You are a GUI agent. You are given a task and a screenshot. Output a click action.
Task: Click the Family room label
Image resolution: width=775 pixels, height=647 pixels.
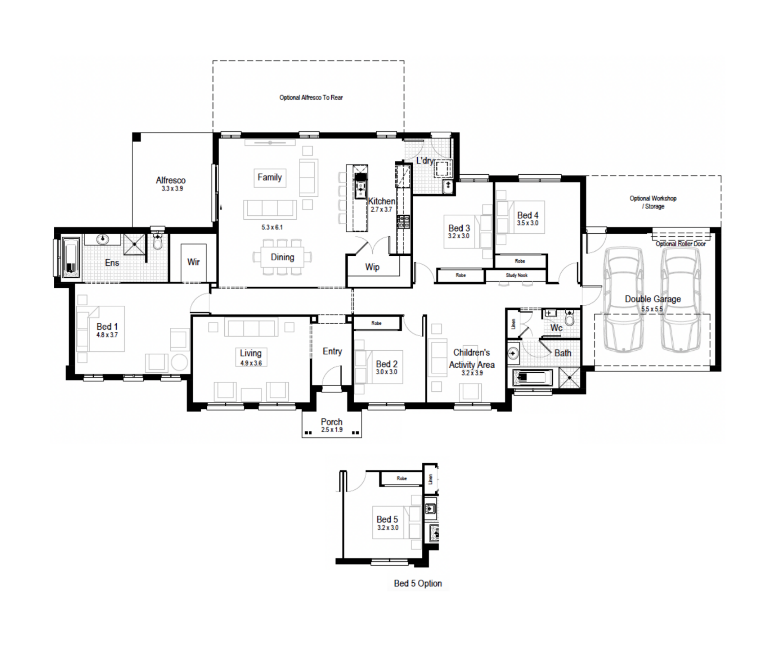pos(270,177)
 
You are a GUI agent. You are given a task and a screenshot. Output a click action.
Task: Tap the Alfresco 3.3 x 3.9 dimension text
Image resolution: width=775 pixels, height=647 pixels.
pos(172,189)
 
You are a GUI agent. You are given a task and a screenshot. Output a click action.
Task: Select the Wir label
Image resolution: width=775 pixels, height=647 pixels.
pos(193,262)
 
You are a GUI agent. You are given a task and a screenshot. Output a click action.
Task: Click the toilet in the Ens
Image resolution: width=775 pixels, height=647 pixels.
pos(158,241)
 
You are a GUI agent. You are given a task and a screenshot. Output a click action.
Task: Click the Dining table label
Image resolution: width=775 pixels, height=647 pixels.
pos(282,257)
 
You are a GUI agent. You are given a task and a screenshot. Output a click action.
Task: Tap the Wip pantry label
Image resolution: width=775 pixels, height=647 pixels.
pos(372,267)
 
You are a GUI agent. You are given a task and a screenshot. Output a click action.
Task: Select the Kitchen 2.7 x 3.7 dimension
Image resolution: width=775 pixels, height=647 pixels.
pos(381,210)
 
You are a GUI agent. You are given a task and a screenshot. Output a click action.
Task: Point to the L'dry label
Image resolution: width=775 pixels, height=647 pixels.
pos(425,160)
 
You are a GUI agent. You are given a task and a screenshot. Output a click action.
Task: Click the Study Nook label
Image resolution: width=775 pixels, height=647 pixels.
pos(517,275)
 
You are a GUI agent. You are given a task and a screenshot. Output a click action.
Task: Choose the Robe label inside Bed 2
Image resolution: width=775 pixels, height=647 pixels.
pos(376,323)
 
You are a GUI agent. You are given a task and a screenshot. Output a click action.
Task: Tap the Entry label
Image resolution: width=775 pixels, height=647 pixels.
pos(332,351)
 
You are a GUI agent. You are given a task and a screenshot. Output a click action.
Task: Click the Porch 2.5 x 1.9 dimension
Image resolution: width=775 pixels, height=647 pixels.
pos(332,430)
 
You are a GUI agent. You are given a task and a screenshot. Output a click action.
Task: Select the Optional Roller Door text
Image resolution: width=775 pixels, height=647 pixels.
pos(680,244)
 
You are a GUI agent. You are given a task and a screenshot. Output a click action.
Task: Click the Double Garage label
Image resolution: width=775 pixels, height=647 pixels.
pos(653,299)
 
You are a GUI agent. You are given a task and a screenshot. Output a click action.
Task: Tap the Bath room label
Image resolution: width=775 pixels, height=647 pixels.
pos(563,353)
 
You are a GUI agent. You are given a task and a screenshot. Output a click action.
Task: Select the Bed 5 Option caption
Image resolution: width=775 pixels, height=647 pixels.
pos(418,583)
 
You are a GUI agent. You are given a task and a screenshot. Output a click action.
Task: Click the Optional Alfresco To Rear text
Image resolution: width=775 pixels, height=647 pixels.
pos(311,98)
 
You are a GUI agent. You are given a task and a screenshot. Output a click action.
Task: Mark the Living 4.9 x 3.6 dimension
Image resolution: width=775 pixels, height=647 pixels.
pos(251,363)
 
